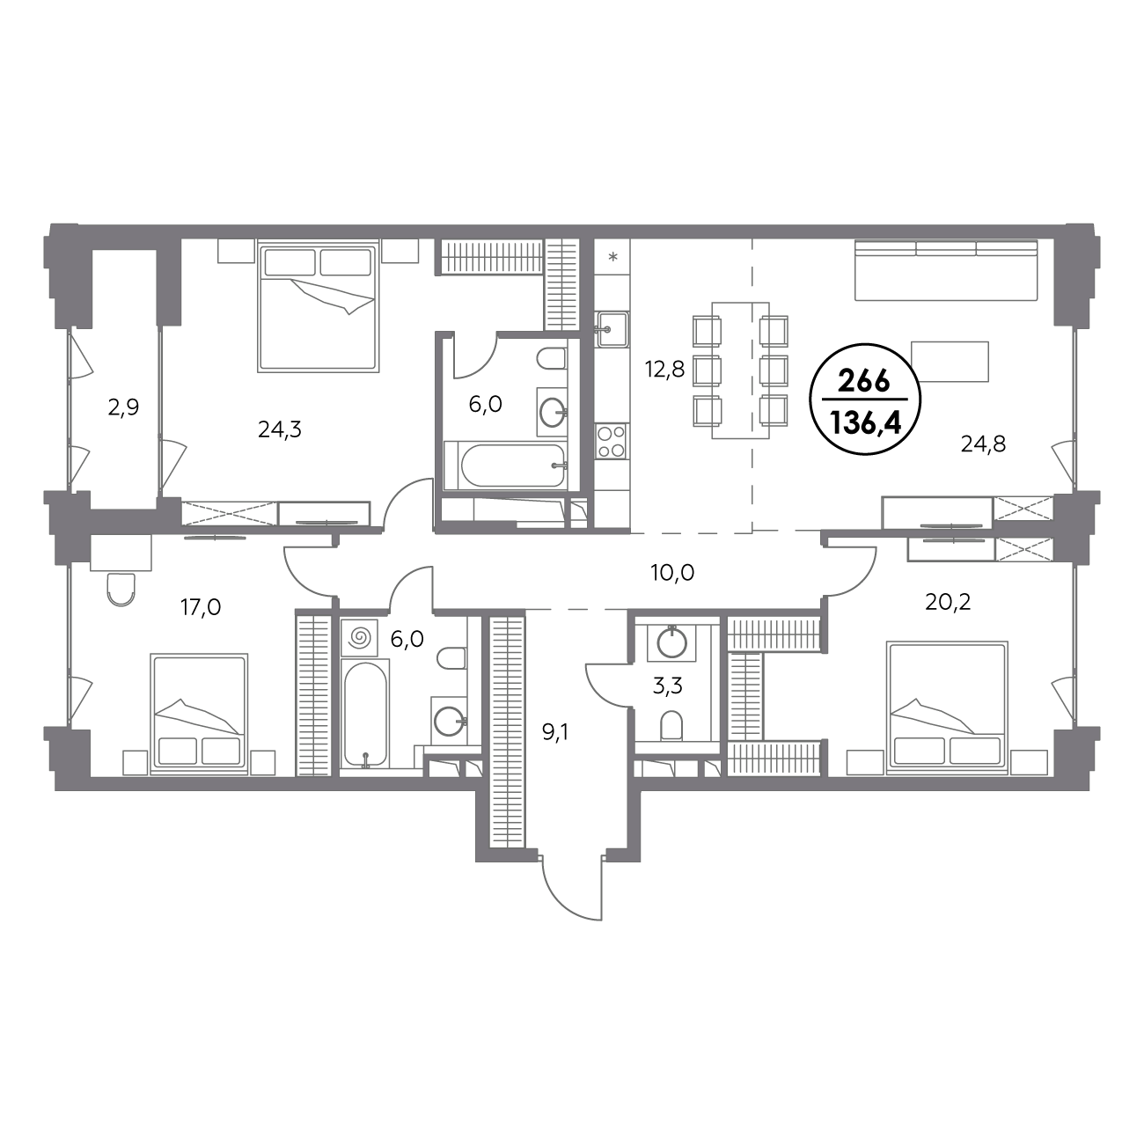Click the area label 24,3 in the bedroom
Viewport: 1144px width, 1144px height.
point(280,429)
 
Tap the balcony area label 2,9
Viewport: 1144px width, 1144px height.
point(123,407)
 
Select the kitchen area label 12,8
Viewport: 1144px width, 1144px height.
point(665,370)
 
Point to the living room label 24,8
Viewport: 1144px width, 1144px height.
point(983,444)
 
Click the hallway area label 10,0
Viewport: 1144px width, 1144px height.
point(672,573)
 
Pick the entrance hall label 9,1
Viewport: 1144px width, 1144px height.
point(555,732)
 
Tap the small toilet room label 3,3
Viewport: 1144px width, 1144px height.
point(668,686)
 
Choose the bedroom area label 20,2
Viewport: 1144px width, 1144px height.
point(948,603)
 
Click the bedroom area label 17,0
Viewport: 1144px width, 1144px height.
point(201,606)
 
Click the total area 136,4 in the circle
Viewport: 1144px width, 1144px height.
point(865,422)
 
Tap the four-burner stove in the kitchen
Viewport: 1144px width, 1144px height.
point(612,442)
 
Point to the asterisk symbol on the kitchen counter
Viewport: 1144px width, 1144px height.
point(613,257)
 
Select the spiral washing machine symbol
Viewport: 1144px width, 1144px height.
point(358,638)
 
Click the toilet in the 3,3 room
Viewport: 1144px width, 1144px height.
point(671,725)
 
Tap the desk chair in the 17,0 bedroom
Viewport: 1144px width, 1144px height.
point(121,590)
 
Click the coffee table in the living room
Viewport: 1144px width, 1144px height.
point(950,361)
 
